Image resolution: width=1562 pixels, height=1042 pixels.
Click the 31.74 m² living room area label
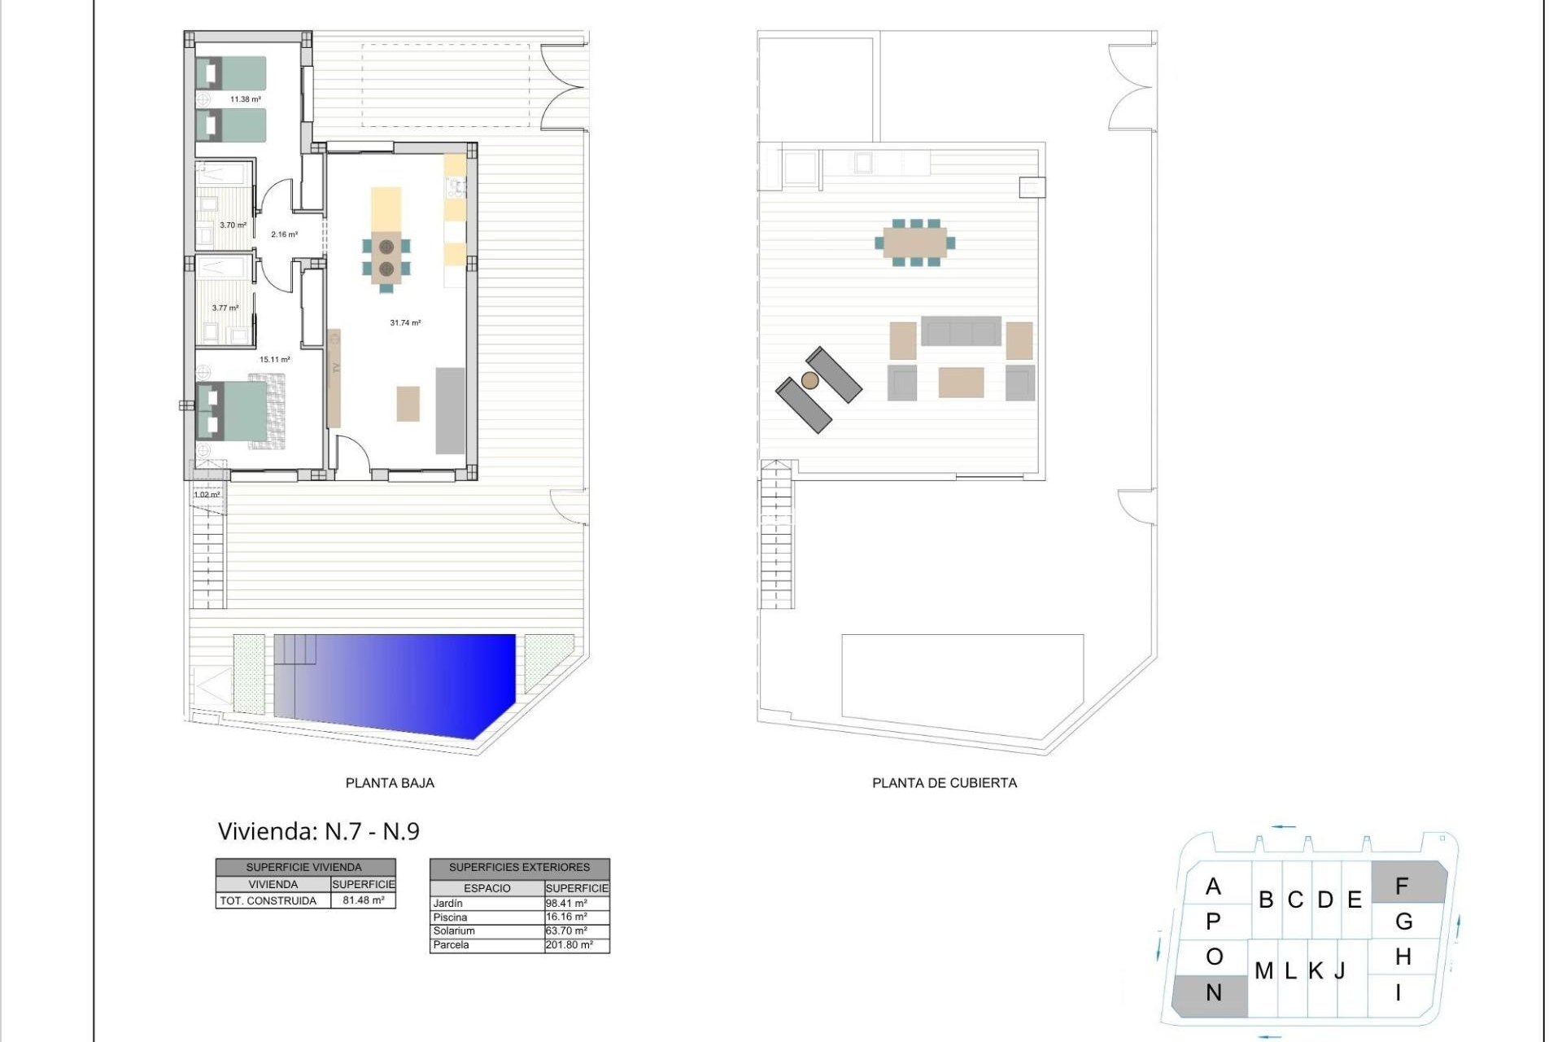pyautogui.click(x=405, y=323)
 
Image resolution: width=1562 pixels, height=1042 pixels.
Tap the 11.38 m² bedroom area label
pyautogui.click(x=245, y=99)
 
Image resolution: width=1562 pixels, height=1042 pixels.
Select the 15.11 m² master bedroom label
pyautogui.click(x=274, y=359)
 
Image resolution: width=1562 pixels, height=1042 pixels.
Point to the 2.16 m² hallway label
pyautogui.click(x=284, y=234)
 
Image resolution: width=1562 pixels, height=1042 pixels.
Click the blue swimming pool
pyautogui.click(x=399, y=682)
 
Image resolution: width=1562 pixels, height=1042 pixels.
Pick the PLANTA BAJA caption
pyautogui.click(x=390, y=783)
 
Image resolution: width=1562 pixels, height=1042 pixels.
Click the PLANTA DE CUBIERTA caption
pyautogui.click(x=944, y=783)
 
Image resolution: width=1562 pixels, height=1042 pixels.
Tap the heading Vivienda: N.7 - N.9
pyautogui.click(x=318, y=831)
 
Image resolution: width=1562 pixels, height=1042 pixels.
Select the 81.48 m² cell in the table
pyautogui.click(x=363, y=900)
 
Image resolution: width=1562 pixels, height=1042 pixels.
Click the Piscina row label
pyautogui.click(x=451, y=917)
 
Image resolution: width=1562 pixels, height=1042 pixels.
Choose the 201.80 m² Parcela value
pyautogui.click(x=569, y=945)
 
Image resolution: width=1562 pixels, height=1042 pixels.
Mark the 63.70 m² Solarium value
pyautogui.click(x=566, y=931)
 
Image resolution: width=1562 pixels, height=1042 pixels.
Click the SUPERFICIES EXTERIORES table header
pyautogui.click(x=519, y=868)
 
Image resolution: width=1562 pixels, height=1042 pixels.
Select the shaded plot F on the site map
pyautogui.click(x=1407, y=884)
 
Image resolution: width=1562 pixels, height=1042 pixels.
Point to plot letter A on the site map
pyautogui.click(x=1213, y=887)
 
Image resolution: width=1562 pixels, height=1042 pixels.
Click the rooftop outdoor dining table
pyautogui.click(x=915, y=242)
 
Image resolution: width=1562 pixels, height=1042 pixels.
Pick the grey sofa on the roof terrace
pyautogui.click(x=961, y=332)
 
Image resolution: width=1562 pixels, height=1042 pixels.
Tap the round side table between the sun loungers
pyautogui.click(x=809, y=380)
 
